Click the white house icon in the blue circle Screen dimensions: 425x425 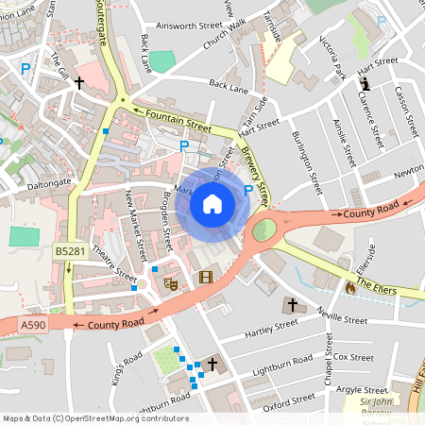(x=212, y=203)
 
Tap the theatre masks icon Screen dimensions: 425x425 (x=171, y=281)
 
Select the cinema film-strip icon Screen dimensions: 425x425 (x=206, y=277)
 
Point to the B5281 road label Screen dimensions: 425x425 (x=68, y=251)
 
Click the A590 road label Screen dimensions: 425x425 (x=32, y=324)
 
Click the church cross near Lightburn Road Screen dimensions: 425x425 (x=212, y=364)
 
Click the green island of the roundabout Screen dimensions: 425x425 (x=263, y=229)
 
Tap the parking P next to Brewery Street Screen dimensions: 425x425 (x=248, y=190)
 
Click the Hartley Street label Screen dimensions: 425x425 (x=270, y=328)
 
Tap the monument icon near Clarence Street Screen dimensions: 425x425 (x=364, y=85)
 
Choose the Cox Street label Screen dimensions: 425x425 (x=354, y=357)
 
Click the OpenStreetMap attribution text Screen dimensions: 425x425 (x=95, y=418)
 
